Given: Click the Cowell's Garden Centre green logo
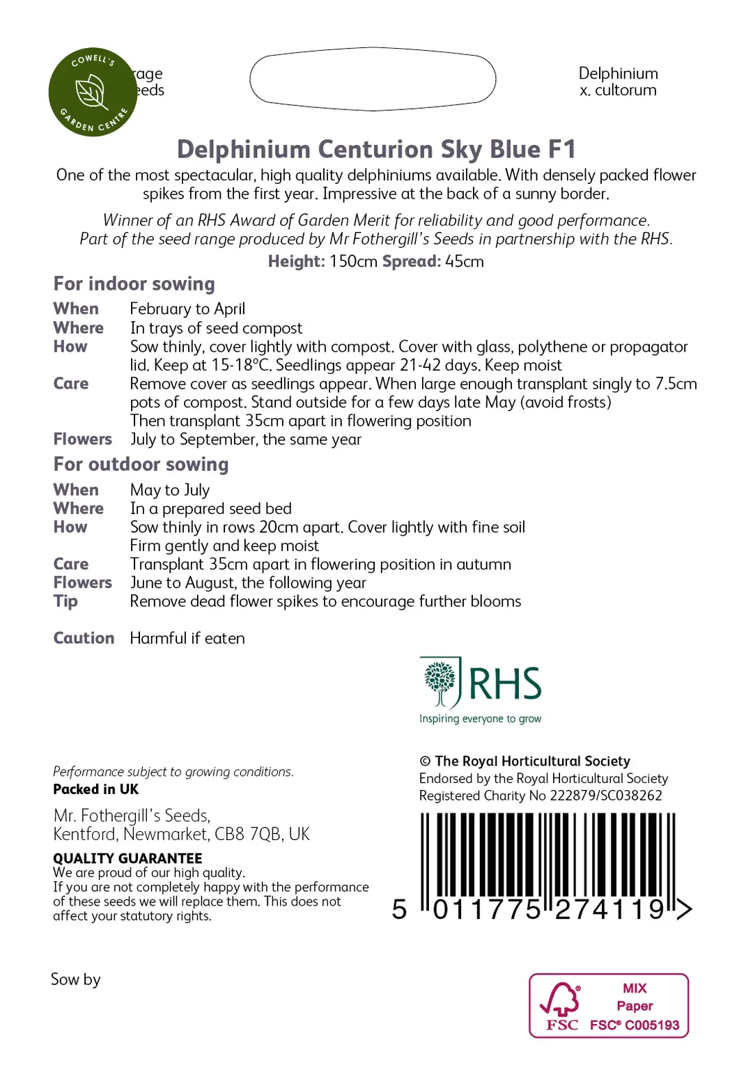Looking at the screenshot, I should point(93,92).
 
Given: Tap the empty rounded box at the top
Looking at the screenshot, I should point(373,79).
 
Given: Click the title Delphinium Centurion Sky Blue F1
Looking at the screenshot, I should point(376,150).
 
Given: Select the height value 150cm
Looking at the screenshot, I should point(353,262).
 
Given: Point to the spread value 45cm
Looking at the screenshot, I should point(465,262).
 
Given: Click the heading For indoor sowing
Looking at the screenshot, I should point(134,284).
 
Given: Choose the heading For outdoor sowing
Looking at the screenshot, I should point(141,465).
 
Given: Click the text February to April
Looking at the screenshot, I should point(187,309).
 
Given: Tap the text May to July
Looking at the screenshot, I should point(170,490).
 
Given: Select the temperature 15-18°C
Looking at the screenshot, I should point(241,366).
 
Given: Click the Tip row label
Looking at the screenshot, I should point(65,601).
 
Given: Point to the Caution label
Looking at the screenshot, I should point(84,638).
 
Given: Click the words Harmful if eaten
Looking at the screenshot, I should point(187,638).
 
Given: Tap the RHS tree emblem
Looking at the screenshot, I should point(440,682).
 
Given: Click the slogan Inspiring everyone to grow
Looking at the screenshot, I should point(480,719).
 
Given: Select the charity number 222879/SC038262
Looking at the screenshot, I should point(606,796).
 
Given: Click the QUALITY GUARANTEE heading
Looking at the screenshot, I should point(127,858).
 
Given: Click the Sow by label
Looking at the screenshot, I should point(76,979).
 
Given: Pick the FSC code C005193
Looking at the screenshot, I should point(652,1025).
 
